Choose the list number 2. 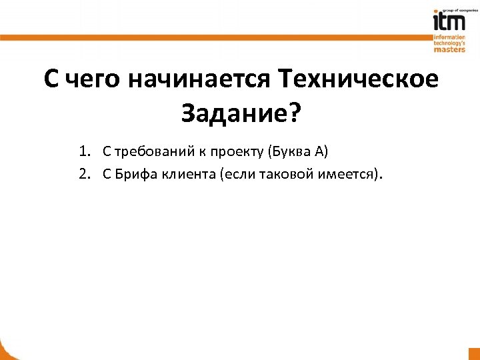point(83,175)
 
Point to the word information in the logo point(449,35)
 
